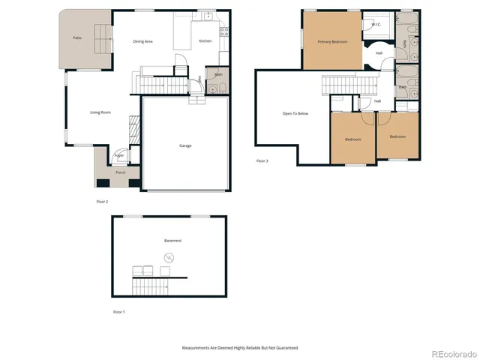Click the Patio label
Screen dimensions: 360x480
[x=76, y=37]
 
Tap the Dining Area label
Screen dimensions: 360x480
[x=142, y=41]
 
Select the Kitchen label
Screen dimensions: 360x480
[x=205, y=41]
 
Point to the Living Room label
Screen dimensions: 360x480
[x=100, y=112]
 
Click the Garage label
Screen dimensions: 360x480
[x=185, y=145]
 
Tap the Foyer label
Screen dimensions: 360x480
[x=119, y=156]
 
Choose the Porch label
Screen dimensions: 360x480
[x=120, y=172]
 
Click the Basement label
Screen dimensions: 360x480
[x=172, y=241]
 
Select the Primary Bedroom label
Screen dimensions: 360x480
[x=332, y=42]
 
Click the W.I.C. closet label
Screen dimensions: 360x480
[x=376, y=25]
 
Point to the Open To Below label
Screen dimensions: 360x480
[x=295, y=113]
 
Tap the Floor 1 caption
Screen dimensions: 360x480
[x=118, y=311]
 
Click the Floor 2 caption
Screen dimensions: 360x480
[x=102, y=202]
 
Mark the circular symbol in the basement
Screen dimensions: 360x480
[x=167, y=259]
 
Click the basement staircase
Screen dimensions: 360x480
[x=149, y=286]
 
